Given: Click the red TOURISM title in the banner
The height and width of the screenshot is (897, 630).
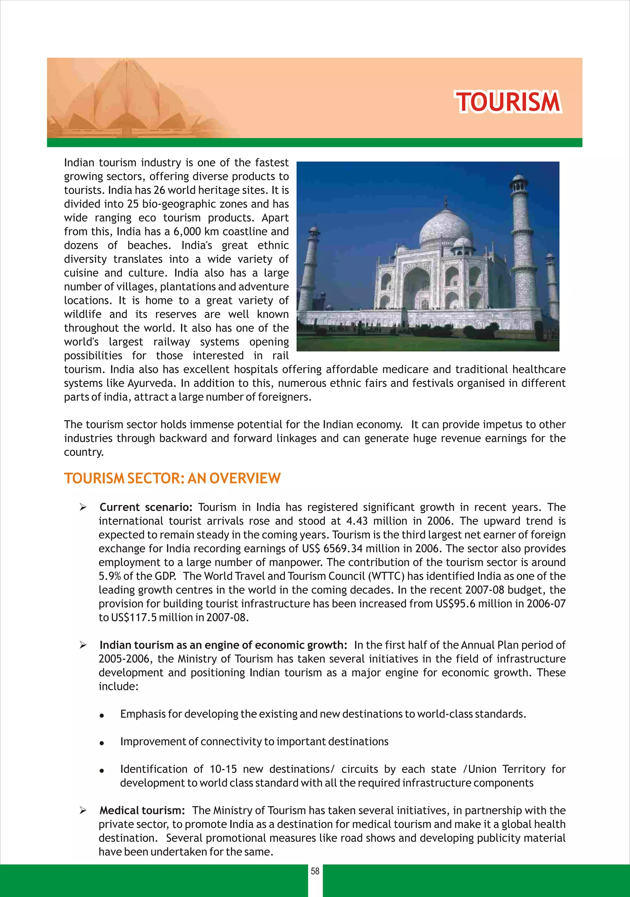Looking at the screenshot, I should (x=508, y=102).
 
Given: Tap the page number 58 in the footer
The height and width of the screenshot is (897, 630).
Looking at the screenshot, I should (x=315, y=871).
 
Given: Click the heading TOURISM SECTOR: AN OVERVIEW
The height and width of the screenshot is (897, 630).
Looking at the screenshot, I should (x=172, y=478).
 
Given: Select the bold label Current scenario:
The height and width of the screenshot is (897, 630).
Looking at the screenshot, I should (x=146, y=507).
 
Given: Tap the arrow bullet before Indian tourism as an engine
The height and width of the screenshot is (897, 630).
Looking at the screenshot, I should (x=83, y=645).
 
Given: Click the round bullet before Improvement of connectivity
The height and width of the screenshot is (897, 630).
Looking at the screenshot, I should (x=102, y=742).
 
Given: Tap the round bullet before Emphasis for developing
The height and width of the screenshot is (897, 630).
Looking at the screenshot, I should (x=102, y=715).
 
